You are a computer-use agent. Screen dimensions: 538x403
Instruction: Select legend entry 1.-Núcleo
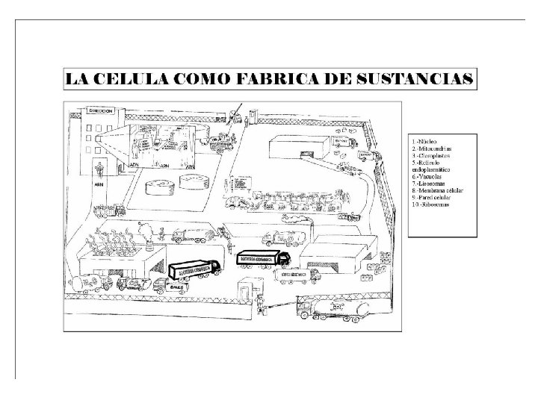coord(423,140)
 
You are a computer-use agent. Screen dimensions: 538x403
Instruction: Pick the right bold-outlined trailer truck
coord(262,258)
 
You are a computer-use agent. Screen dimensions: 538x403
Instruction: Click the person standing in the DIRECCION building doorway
coord(99,165)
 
